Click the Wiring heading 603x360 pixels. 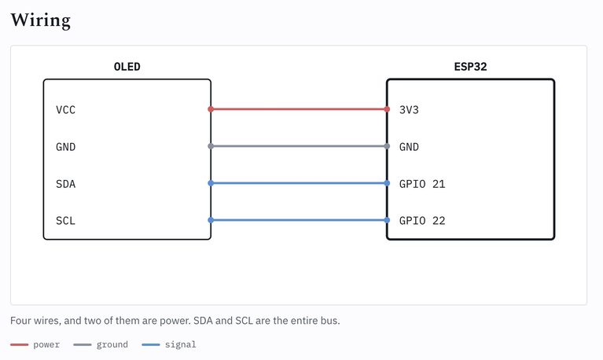tap(40, 20)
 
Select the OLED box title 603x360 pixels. tap(127, 67)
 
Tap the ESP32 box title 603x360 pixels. tap(470, 67)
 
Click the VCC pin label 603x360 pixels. tap(66, 110)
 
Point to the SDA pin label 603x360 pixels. tap(66, 184)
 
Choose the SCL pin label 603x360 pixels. tap(66, 221)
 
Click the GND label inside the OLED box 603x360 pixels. tap(66, 147)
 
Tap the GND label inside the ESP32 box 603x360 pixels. tap(409, 147)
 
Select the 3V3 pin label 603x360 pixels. tap(409, 110)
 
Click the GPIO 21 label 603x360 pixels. tap(422, 184)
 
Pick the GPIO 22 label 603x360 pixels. tap(422, 221)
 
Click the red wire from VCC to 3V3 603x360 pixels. tap(299, 109)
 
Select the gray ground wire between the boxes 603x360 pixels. tap(299, 146)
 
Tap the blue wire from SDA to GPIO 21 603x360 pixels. tap(299, 183)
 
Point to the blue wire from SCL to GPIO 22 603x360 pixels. tap(299, 220)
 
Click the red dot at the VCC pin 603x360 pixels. tap(211, 109)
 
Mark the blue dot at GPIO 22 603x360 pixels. tap(387, 220)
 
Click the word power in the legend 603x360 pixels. tap(46, 344)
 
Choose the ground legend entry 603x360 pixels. tap(101, 344)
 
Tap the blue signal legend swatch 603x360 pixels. tap(151, 344)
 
